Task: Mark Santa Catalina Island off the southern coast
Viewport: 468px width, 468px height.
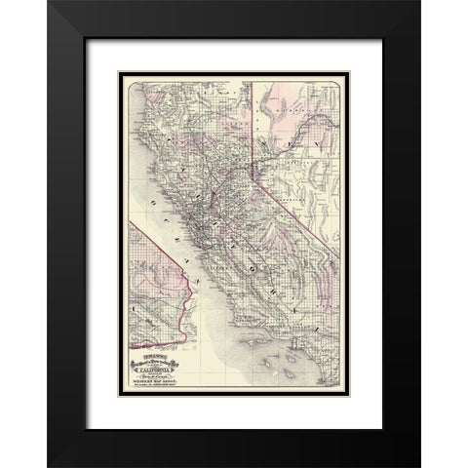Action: (x=292, y=359)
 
